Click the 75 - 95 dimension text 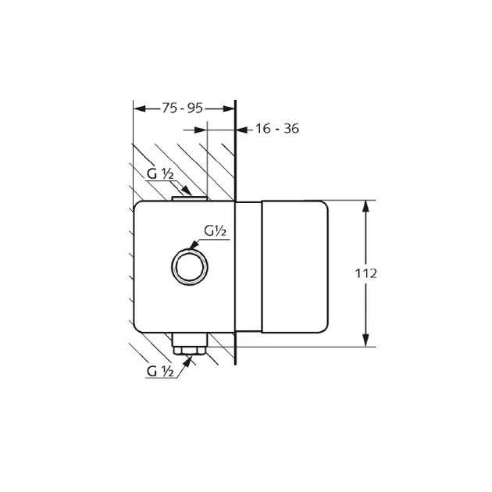pos(183,109)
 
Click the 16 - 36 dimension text pos(277,129)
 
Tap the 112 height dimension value pos(365,273)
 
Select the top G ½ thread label pos(160,174)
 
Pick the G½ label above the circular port pos(215,231)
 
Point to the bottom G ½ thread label pos(160,372)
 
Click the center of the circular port pos(190,267)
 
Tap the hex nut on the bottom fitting pos(190,351)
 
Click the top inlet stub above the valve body pos(190,198)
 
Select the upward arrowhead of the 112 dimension pos(365,207)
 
